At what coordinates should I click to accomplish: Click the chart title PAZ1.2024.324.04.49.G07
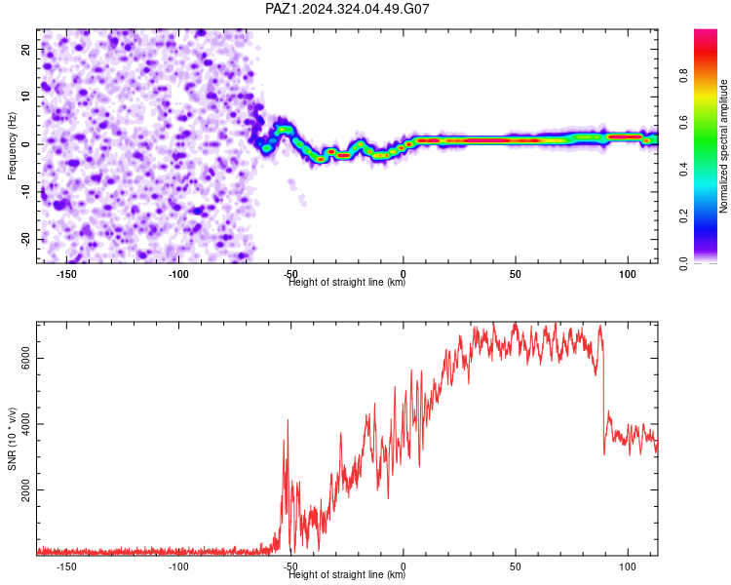(x=347, y=9)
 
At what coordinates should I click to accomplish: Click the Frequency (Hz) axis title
(x=12, y=146)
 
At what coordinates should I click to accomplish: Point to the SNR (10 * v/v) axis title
(x=12, y=439)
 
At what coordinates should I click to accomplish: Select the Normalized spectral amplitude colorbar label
(x=723, y=146)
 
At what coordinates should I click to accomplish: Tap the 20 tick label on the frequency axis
(x=25, y=50)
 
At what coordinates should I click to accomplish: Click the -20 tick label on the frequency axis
(x=25, y=239)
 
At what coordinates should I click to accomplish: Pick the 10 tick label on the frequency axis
(x=25, y=97)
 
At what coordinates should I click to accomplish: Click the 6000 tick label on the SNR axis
(x=25, y=358)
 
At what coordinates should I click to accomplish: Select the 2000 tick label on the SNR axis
(x=25, y=489)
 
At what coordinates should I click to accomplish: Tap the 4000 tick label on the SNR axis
(x=25, y=423)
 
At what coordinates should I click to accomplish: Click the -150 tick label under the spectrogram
(x=66, y=274)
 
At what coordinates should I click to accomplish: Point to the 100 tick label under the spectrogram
(x=628, y=274)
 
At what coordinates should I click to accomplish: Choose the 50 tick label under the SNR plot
(x=516, y=566)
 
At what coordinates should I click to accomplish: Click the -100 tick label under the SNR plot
(x=178, y=566)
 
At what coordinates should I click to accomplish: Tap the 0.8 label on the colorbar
(x=683, y=75)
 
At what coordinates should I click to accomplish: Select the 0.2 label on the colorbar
(x=683, y=216)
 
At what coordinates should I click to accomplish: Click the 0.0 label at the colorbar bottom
(x=683, y=263)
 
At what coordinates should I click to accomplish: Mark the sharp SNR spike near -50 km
(x=288, y=421)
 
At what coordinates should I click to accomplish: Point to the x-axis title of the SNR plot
(x=347, y=574)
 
